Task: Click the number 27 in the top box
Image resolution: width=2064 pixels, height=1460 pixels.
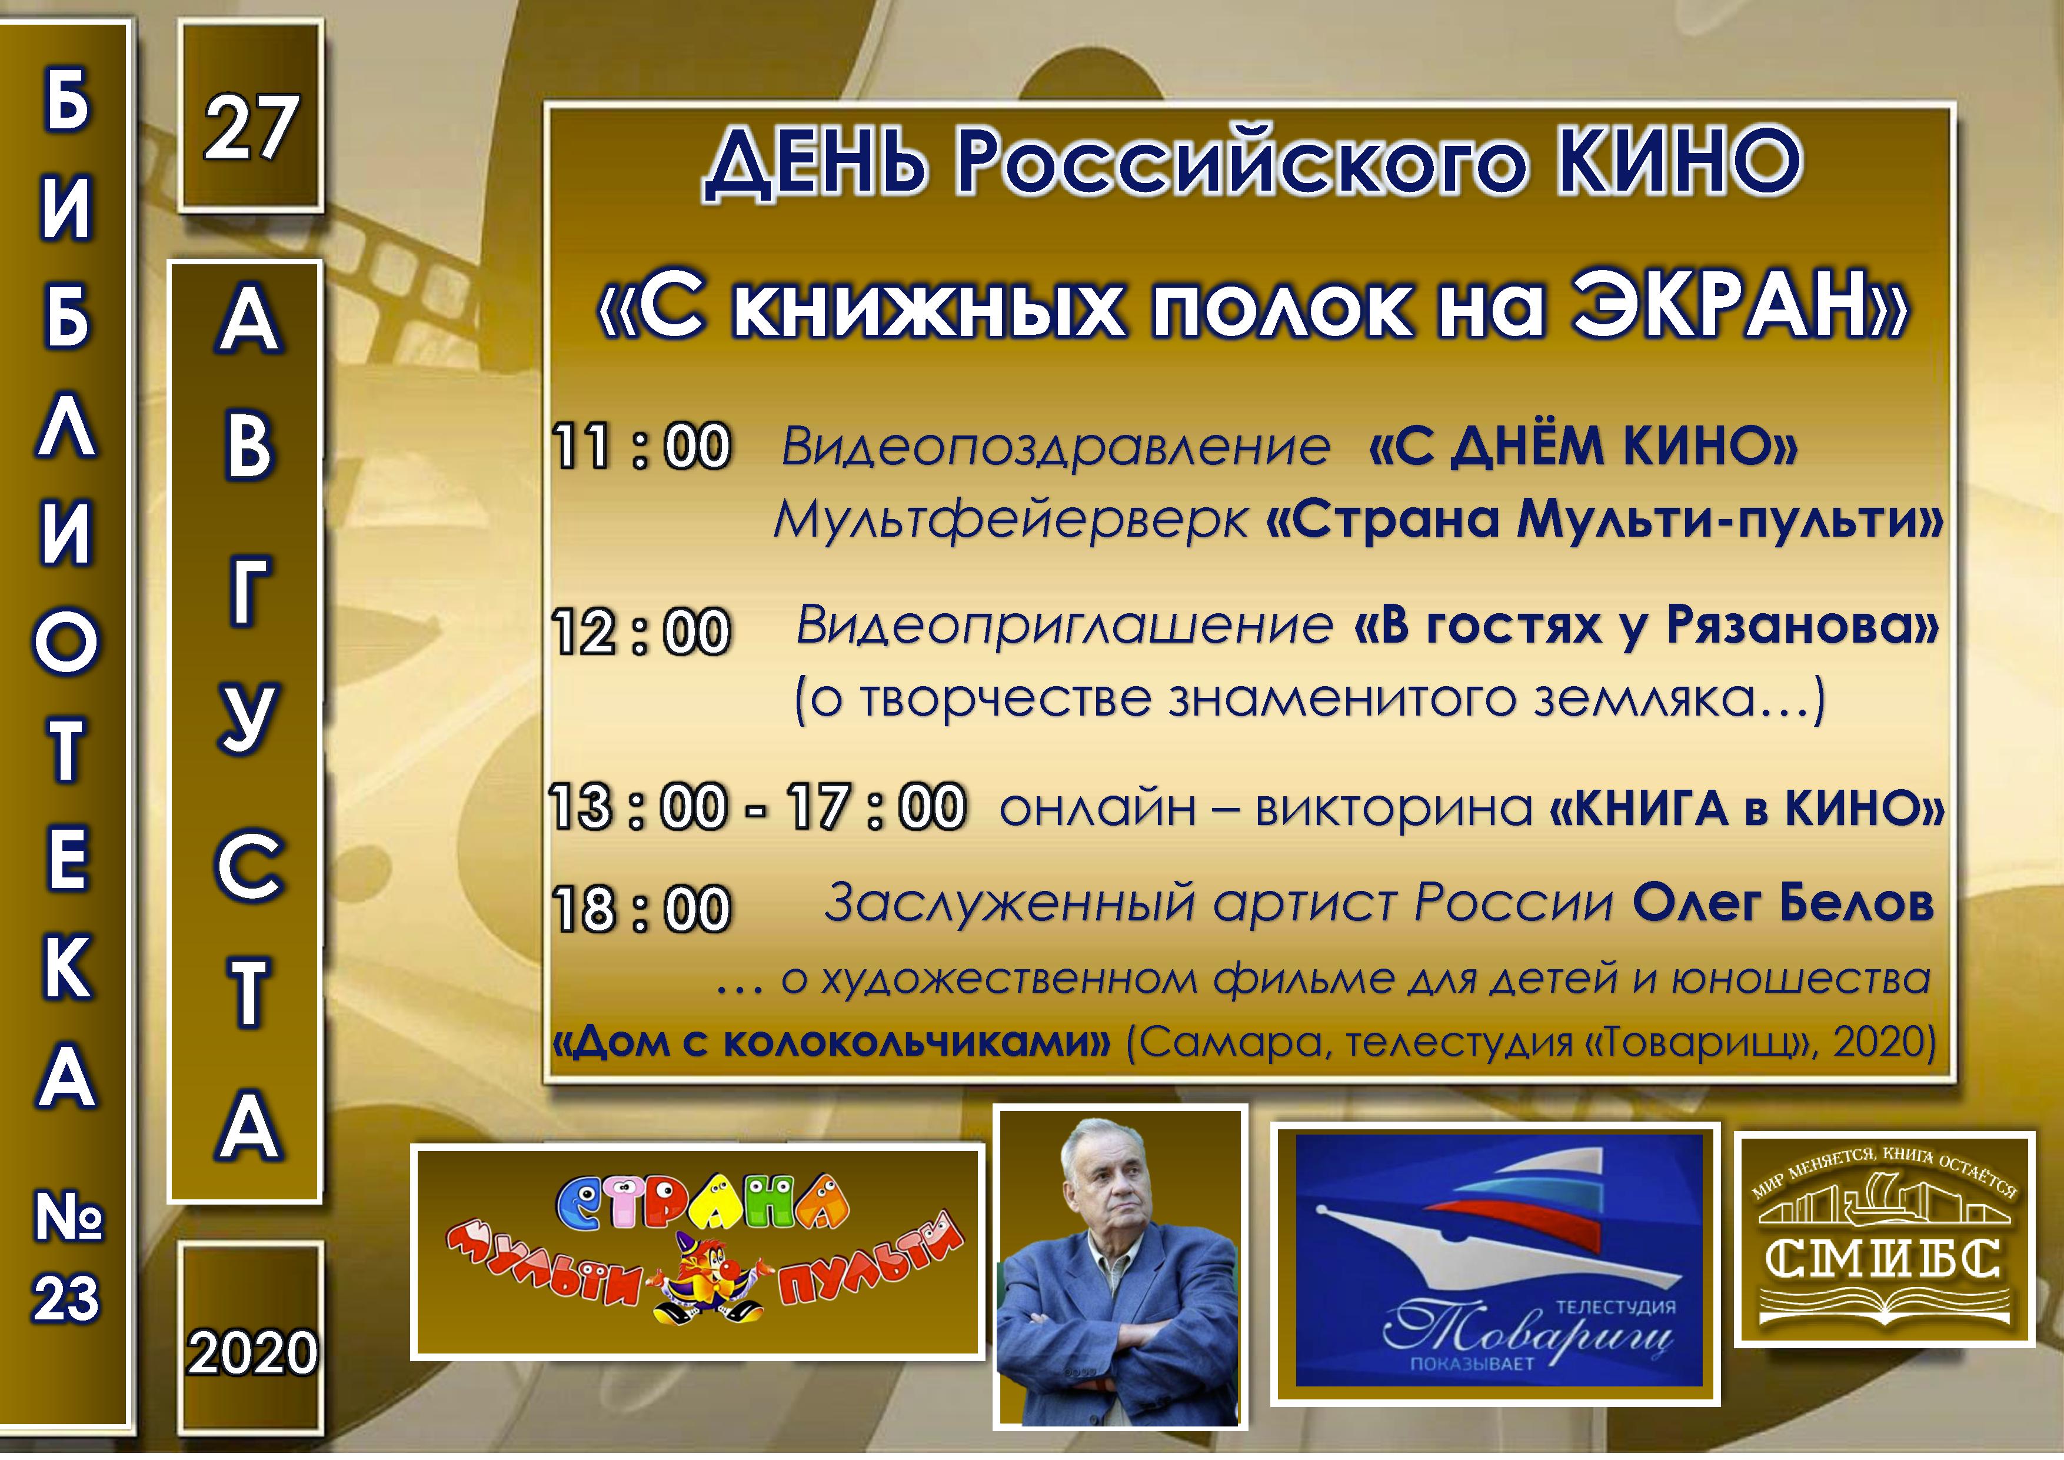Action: (x=250, y=128)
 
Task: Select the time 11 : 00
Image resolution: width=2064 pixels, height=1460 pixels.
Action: (x=641, y=446)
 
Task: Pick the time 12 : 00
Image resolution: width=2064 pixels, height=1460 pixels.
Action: (x=641, y=630)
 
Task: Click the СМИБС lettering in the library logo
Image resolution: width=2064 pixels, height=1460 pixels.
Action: (x=1883, y=1259)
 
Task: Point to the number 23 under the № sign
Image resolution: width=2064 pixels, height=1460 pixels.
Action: (x=66, y=1300)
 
